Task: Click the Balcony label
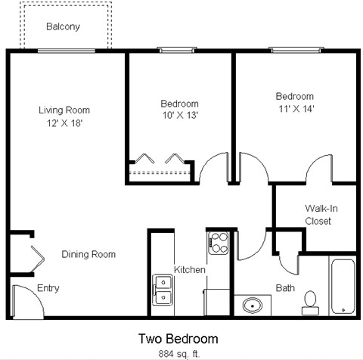click(x=63, y=27)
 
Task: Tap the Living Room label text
click(x=64, y=110)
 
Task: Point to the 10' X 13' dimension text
click(x=179, y=116)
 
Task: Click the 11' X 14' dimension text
click(x=294, y=108)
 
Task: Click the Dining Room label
click(x=88, y=254)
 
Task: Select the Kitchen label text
click(x=190, y=270)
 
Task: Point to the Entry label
click(x=48, y=288)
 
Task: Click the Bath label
click(x=285, y=288)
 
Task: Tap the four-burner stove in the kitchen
click(x=218, y=243)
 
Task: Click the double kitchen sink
click(x=163, y=289)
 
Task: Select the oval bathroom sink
click(x=253, y=306)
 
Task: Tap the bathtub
click(x=342, y=286)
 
